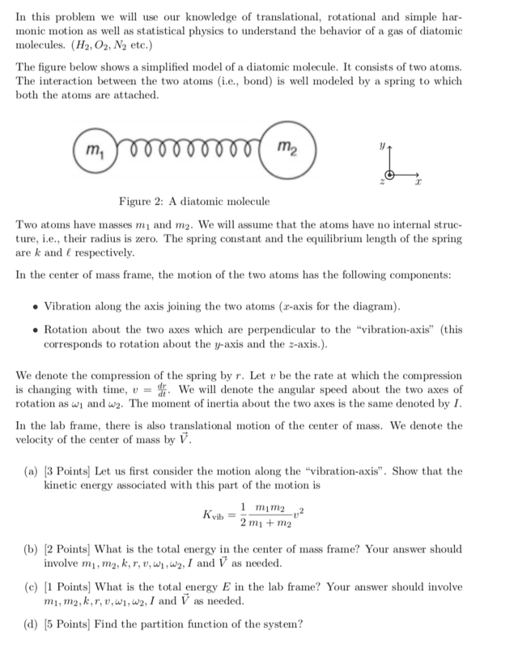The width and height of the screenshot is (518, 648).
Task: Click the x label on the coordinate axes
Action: click(418, 185)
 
